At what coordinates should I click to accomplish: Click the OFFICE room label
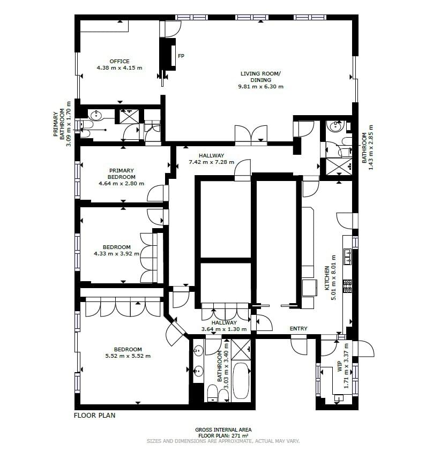(120, 62)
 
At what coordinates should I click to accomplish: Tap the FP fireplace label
(181, 56)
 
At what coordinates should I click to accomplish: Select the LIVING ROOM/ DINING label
(260, 77)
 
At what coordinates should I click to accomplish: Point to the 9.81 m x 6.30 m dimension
(260, 86)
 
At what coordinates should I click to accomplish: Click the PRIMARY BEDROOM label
(122, 174)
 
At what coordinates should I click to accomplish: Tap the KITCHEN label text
(327, 278)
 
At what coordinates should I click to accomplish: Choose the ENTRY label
(298, 329)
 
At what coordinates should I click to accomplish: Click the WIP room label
(340, 366)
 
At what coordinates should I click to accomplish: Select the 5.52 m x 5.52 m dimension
(128, 356)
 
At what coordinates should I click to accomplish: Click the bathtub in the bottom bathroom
(241, 381)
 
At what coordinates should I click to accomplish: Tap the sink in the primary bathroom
(96, 116)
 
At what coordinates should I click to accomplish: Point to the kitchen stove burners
(348, 286)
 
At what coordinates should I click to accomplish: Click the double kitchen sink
(348, 257)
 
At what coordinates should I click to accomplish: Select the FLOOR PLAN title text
(95, 416)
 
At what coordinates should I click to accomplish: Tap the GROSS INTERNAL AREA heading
(223, 430)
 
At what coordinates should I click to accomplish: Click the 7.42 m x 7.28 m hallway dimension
(212, 162)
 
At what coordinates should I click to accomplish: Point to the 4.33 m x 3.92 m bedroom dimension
(116, 254)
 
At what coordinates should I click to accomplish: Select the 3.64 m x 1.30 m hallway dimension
(224, 329)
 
